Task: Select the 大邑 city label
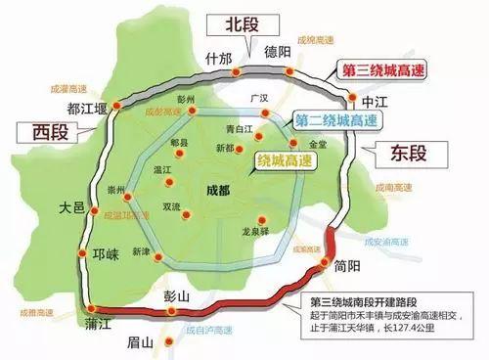click(70, 209)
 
